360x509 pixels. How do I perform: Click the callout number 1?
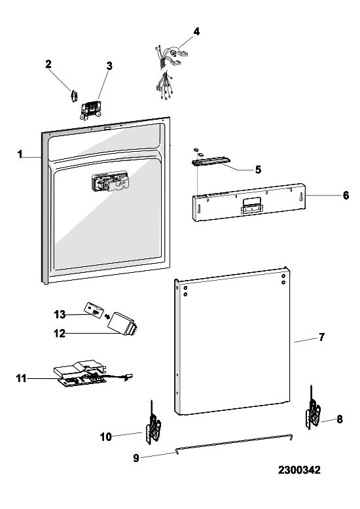[20, 154]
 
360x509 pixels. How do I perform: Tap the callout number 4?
[196, 31]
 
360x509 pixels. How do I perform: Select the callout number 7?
[321, 338]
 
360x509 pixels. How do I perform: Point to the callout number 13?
[60, 315]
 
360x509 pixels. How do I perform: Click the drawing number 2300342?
[299, 470]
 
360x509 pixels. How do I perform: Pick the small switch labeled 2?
[74, 96]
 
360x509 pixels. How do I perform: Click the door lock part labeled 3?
[91, 110]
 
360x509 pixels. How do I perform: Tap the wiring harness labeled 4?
[170, 71]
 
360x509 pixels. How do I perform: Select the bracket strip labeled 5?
[210, 161]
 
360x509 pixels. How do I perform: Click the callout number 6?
[346, 195]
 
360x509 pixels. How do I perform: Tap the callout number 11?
[22, 378]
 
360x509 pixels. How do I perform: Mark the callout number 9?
[136, 458]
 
